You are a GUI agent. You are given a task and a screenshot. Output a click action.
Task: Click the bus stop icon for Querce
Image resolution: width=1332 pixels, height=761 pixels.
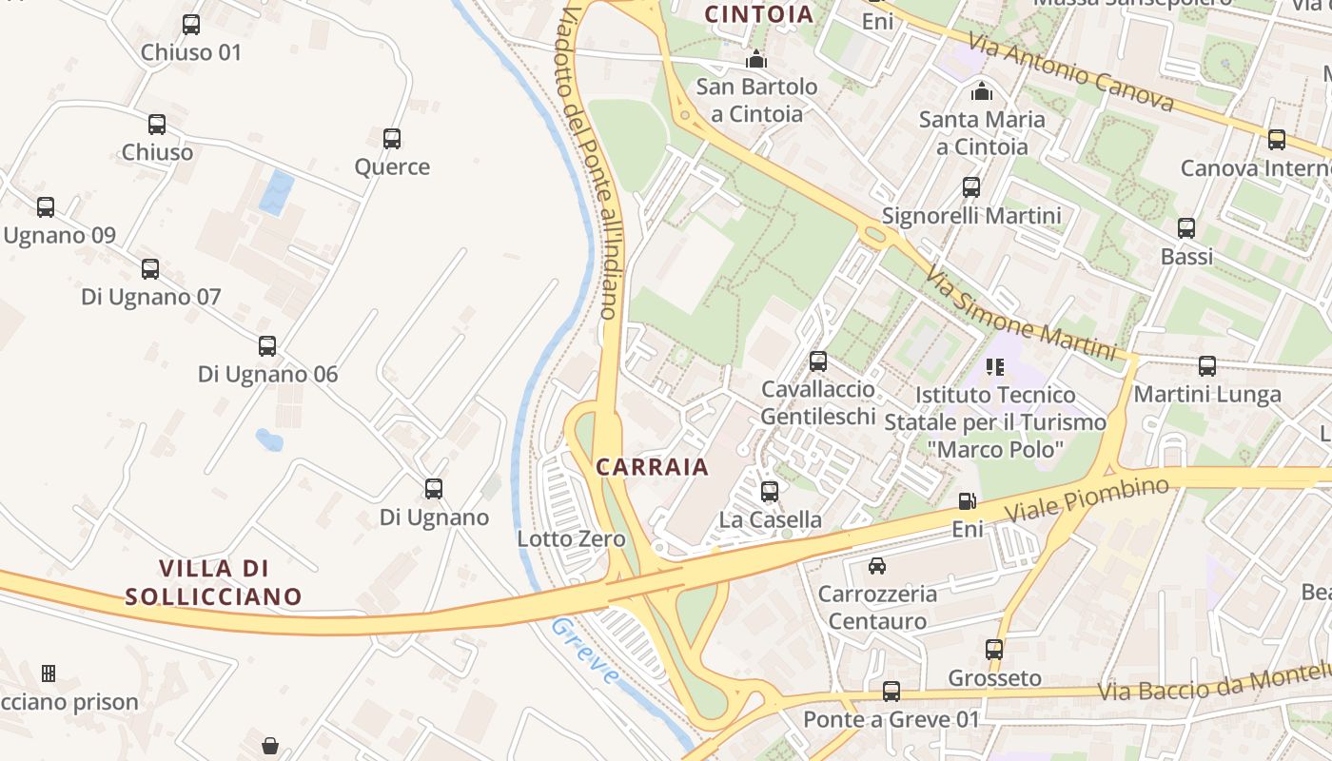click(392, 139)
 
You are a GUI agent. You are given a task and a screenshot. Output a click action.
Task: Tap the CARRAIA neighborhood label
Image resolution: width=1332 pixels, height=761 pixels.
click(653, 467)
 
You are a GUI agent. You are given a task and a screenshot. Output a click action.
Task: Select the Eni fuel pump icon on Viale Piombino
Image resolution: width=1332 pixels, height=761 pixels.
click(967, 501)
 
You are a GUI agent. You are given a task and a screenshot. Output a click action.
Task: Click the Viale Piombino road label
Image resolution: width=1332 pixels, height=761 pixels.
click(1087, 500)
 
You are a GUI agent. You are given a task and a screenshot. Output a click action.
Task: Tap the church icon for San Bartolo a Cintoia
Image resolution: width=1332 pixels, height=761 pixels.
click(756, 59)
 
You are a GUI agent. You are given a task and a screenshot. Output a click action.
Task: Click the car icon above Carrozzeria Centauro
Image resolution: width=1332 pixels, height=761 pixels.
click(877, 566)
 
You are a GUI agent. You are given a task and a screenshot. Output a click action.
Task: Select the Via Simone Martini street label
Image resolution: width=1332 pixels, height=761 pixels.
click(1019, 312)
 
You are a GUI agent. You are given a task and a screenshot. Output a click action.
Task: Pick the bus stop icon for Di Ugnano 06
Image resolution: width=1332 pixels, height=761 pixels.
click(267, 346)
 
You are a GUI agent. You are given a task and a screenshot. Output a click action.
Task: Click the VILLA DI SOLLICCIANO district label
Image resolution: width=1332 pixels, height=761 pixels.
click(214, 582)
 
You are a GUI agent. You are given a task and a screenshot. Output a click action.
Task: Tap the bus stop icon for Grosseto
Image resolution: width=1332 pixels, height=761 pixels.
click(994, 650)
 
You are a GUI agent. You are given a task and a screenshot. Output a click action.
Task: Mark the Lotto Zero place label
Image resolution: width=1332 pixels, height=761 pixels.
click(571, 539)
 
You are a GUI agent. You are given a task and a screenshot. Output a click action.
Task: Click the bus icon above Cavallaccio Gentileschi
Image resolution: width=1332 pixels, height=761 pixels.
click(818, 361)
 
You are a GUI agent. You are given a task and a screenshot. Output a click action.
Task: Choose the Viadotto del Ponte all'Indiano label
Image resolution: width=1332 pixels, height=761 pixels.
click(589, 162)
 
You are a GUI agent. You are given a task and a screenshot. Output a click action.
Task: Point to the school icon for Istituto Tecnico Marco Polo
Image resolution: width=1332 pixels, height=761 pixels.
click(995, 366)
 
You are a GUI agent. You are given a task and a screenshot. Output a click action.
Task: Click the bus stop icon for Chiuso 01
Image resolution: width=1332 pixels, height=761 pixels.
click(191, 25)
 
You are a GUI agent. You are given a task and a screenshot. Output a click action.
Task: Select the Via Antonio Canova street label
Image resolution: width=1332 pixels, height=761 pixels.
click(1069, 71)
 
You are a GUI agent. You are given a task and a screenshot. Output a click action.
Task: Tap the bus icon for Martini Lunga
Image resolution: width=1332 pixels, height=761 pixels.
click(1207, 365)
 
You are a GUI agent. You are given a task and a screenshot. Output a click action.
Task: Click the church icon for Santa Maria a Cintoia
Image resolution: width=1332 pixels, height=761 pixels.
click(981, 91)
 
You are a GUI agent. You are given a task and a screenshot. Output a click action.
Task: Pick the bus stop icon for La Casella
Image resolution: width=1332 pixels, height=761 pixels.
click(770, 492)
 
